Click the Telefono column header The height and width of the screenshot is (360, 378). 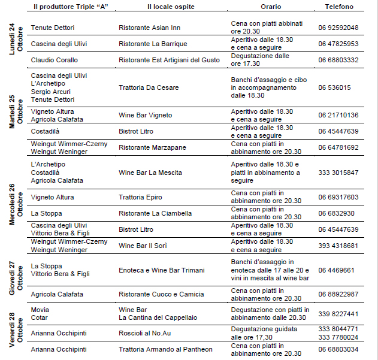(x=339, y=7)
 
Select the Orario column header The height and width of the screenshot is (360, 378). (x=270, y=7)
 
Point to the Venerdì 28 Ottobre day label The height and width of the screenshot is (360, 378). (x=16, y=330)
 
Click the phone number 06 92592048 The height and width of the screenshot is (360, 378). (x=338, y=28)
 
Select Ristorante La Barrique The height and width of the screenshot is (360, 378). (x=153, y=44)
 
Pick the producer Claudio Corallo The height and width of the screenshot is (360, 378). (x=55, y=60)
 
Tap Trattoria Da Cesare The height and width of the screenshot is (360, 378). (x=149, y=87)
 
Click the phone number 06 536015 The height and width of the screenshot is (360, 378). (x=334, y=87)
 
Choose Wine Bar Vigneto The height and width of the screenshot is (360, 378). (x=146, y=115)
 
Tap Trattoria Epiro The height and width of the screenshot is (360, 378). (x=140, y=197)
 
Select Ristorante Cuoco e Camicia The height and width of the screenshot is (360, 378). (x=161, y=294)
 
